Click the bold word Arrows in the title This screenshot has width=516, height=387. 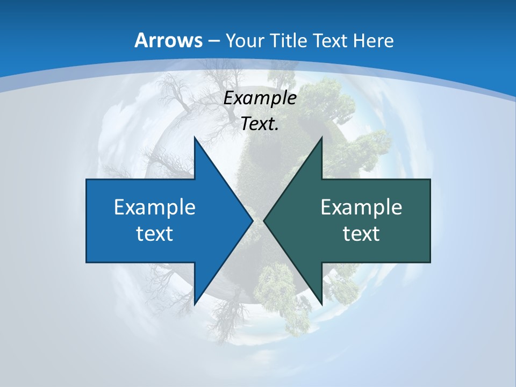click(x=168, y=40)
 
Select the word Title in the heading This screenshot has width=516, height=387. click(x=292, y=40)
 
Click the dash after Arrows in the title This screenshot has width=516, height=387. click(x=213, y=41)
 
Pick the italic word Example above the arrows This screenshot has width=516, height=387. click(x=260, y=98)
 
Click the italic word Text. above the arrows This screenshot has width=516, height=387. click(x=260, y=124)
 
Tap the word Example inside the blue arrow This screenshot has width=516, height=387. click(x=155, y=207)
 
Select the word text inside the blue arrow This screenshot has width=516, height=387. click(x=155, y=233)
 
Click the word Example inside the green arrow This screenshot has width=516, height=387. click(x=361, y=207)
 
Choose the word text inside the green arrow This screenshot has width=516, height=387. click(x=361, y=233)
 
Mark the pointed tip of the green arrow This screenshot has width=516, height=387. click(x=264, y=220)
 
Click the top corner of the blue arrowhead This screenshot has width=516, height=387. click(x=195, y=138)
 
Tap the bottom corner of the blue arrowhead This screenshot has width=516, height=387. click(x=195, y=304)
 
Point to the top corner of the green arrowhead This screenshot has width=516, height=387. click(x=321, y=138)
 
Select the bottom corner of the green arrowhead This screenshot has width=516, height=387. click(x=321, y=304)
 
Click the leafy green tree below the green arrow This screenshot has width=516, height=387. click(x=277, y=293)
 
